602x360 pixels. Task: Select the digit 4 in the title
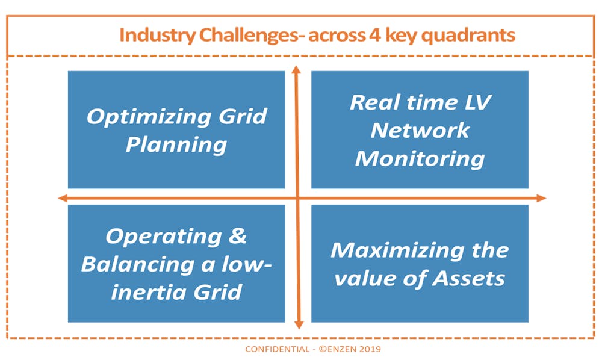pos(374,35)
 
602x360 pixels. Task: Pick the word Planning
pos(176,146)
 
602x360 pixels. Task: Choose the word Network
pos(420,131)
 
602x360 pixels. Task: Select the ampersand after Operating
pos(237,236)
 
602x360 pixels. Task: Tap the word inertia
pos(149,293)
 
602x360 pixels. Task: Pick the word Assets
pos(469,279)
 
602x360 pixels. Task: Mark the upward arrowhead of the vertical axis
pos(296,69)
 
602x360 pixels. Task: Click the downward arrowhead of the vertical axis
pos(299,325)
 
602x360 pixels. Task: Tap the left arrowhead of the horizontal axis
pos(63,198)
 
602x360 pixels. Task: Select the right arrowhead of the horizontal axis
pos(541,198)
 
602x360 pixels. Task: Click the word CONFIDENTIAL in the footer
pos(277,349)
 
